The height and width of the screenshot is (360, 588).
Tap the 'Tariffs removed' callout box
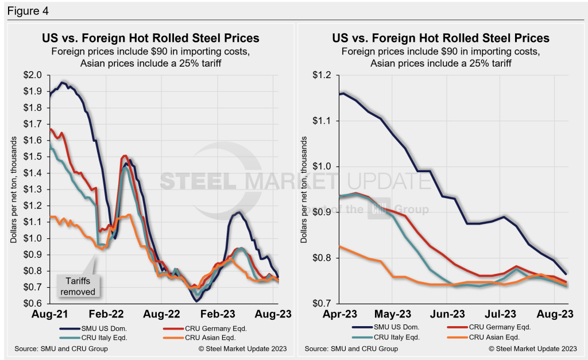[80, 286]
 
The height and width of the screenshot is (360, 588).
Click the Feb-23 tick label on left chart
[221, 315]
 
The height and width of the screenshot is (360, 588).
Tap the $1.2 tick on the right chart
[323, 75]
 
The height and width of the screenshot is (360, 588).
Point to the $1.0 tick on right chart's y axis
[323, 167]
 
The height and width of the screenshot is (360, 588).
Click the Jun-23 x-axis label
[448, 315]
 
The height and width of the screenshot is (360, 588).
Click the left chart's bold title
[150, 38]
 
